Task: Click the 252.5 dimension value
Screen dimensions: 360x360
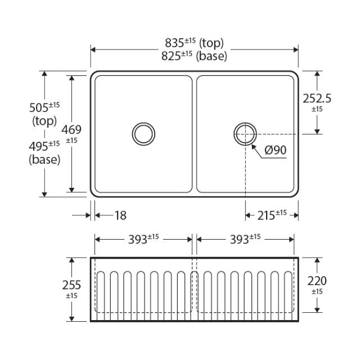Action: tap(317, 98)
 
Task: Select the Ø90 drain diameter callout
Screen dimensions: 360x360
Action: tap(275, 150)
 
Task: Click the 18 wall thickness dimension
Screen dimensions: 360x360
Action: tap(120, 215)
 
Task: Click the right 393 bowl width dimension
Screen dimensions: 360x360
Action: tap(241, 239)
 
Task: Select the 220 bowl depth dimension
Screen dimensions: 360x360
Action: tap(317, 280)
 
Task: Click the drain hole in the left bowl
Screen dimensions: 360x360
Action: tap(143, 133)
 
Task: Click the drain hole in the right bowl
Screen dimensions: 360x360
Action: tap(245, 133)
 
